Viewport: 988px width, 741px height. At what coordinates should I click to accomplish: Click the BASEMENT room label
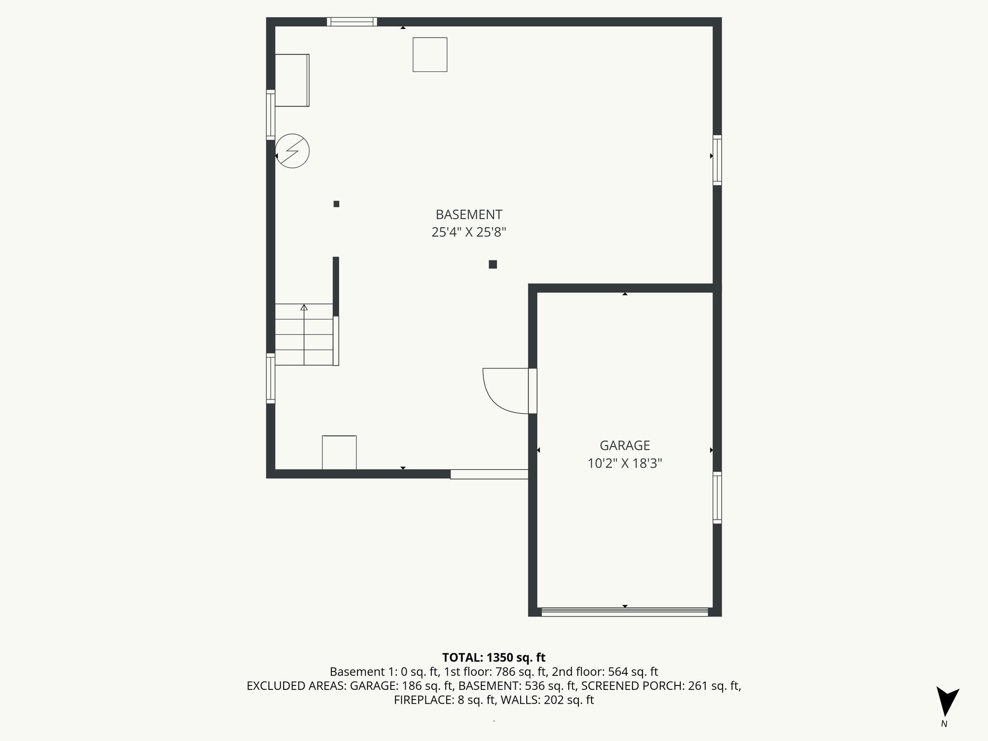[x=468, y=215]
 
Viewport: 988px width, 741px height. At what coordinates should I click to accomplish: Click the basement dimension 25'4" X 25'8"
[x=468, y=233]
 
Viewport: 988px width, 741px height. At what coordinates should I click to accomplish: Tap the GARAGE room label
[x=624, y=445]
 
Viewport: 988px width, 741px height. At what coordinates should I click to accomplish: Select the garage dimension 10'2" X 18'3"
[x=624, y=464]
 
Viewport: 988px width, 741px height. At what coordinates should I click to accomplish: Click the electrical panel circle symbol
[x=292, y=151]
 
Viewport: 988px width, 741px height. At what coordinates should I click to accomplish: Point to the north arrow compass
[x=947, y=702]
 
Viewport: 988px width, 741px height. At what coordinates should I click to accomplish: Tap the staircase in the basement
[x=304, y=334]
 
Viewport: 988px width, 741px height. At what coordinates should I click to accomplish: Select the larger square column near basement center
[x=493, y=264]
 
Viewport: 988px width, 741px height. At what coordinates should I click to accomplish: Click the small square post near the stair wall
[x=336, y=204]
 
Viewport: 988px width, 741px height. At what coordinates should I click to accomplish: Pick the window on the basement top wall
[x=352, y=22]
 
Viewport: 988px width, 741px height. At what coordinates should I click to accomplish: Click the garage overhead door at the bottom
[x=624, y=612]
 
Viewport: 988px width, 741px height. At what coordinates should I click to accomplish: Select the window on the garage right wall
[x=717, y=497]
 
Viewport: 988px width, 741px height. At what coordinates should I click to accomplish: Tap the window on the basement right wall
[x=717, y=160]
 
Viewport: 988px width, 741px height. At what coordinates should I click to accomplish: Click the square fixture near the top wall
[x=430, y=55]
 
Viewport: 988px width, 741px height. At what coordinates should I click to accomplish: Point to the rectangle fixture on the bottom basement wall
[x=339, y=452]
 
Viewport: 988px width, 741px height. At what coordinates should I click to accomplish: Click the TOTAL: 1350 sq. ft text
[x=494, y=658]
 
